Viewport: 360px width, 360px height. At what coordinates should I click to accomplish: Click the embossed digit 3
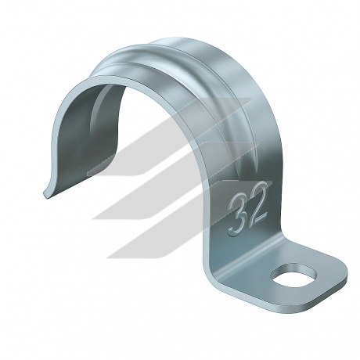pyautogui.click(x=239, y=215)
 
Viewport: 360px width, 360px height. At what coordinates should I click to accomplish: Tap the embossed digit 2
pyautogui.click(x=258, y=206)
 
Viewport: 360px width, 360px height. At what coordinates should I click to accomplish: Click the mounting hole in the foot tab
pyautogui.click(x=293, y=275)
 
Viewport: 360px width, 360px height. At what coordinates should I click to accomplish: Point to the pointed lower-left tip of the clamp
pyautogui.click(x=44, y=193)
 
